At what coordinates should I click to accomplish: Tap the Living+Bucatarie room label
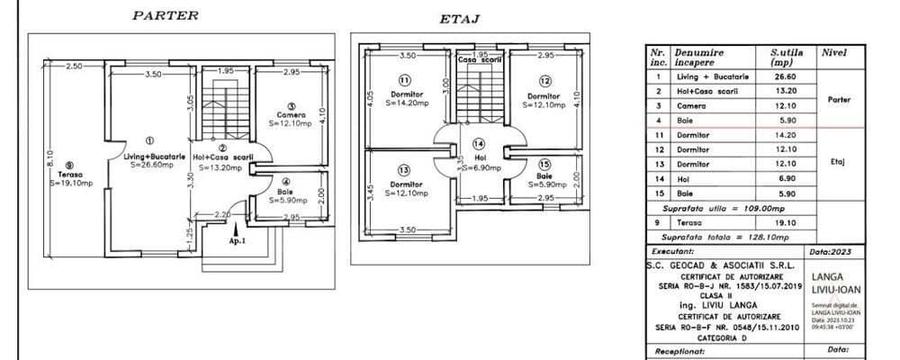[150, 158]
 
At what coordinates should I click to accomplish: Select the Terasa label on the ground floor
[64, 175]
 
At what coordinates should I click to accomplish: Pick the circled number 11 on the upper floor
[405, 80]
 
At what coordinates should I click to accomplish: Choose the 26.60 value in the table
[784, 75]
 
